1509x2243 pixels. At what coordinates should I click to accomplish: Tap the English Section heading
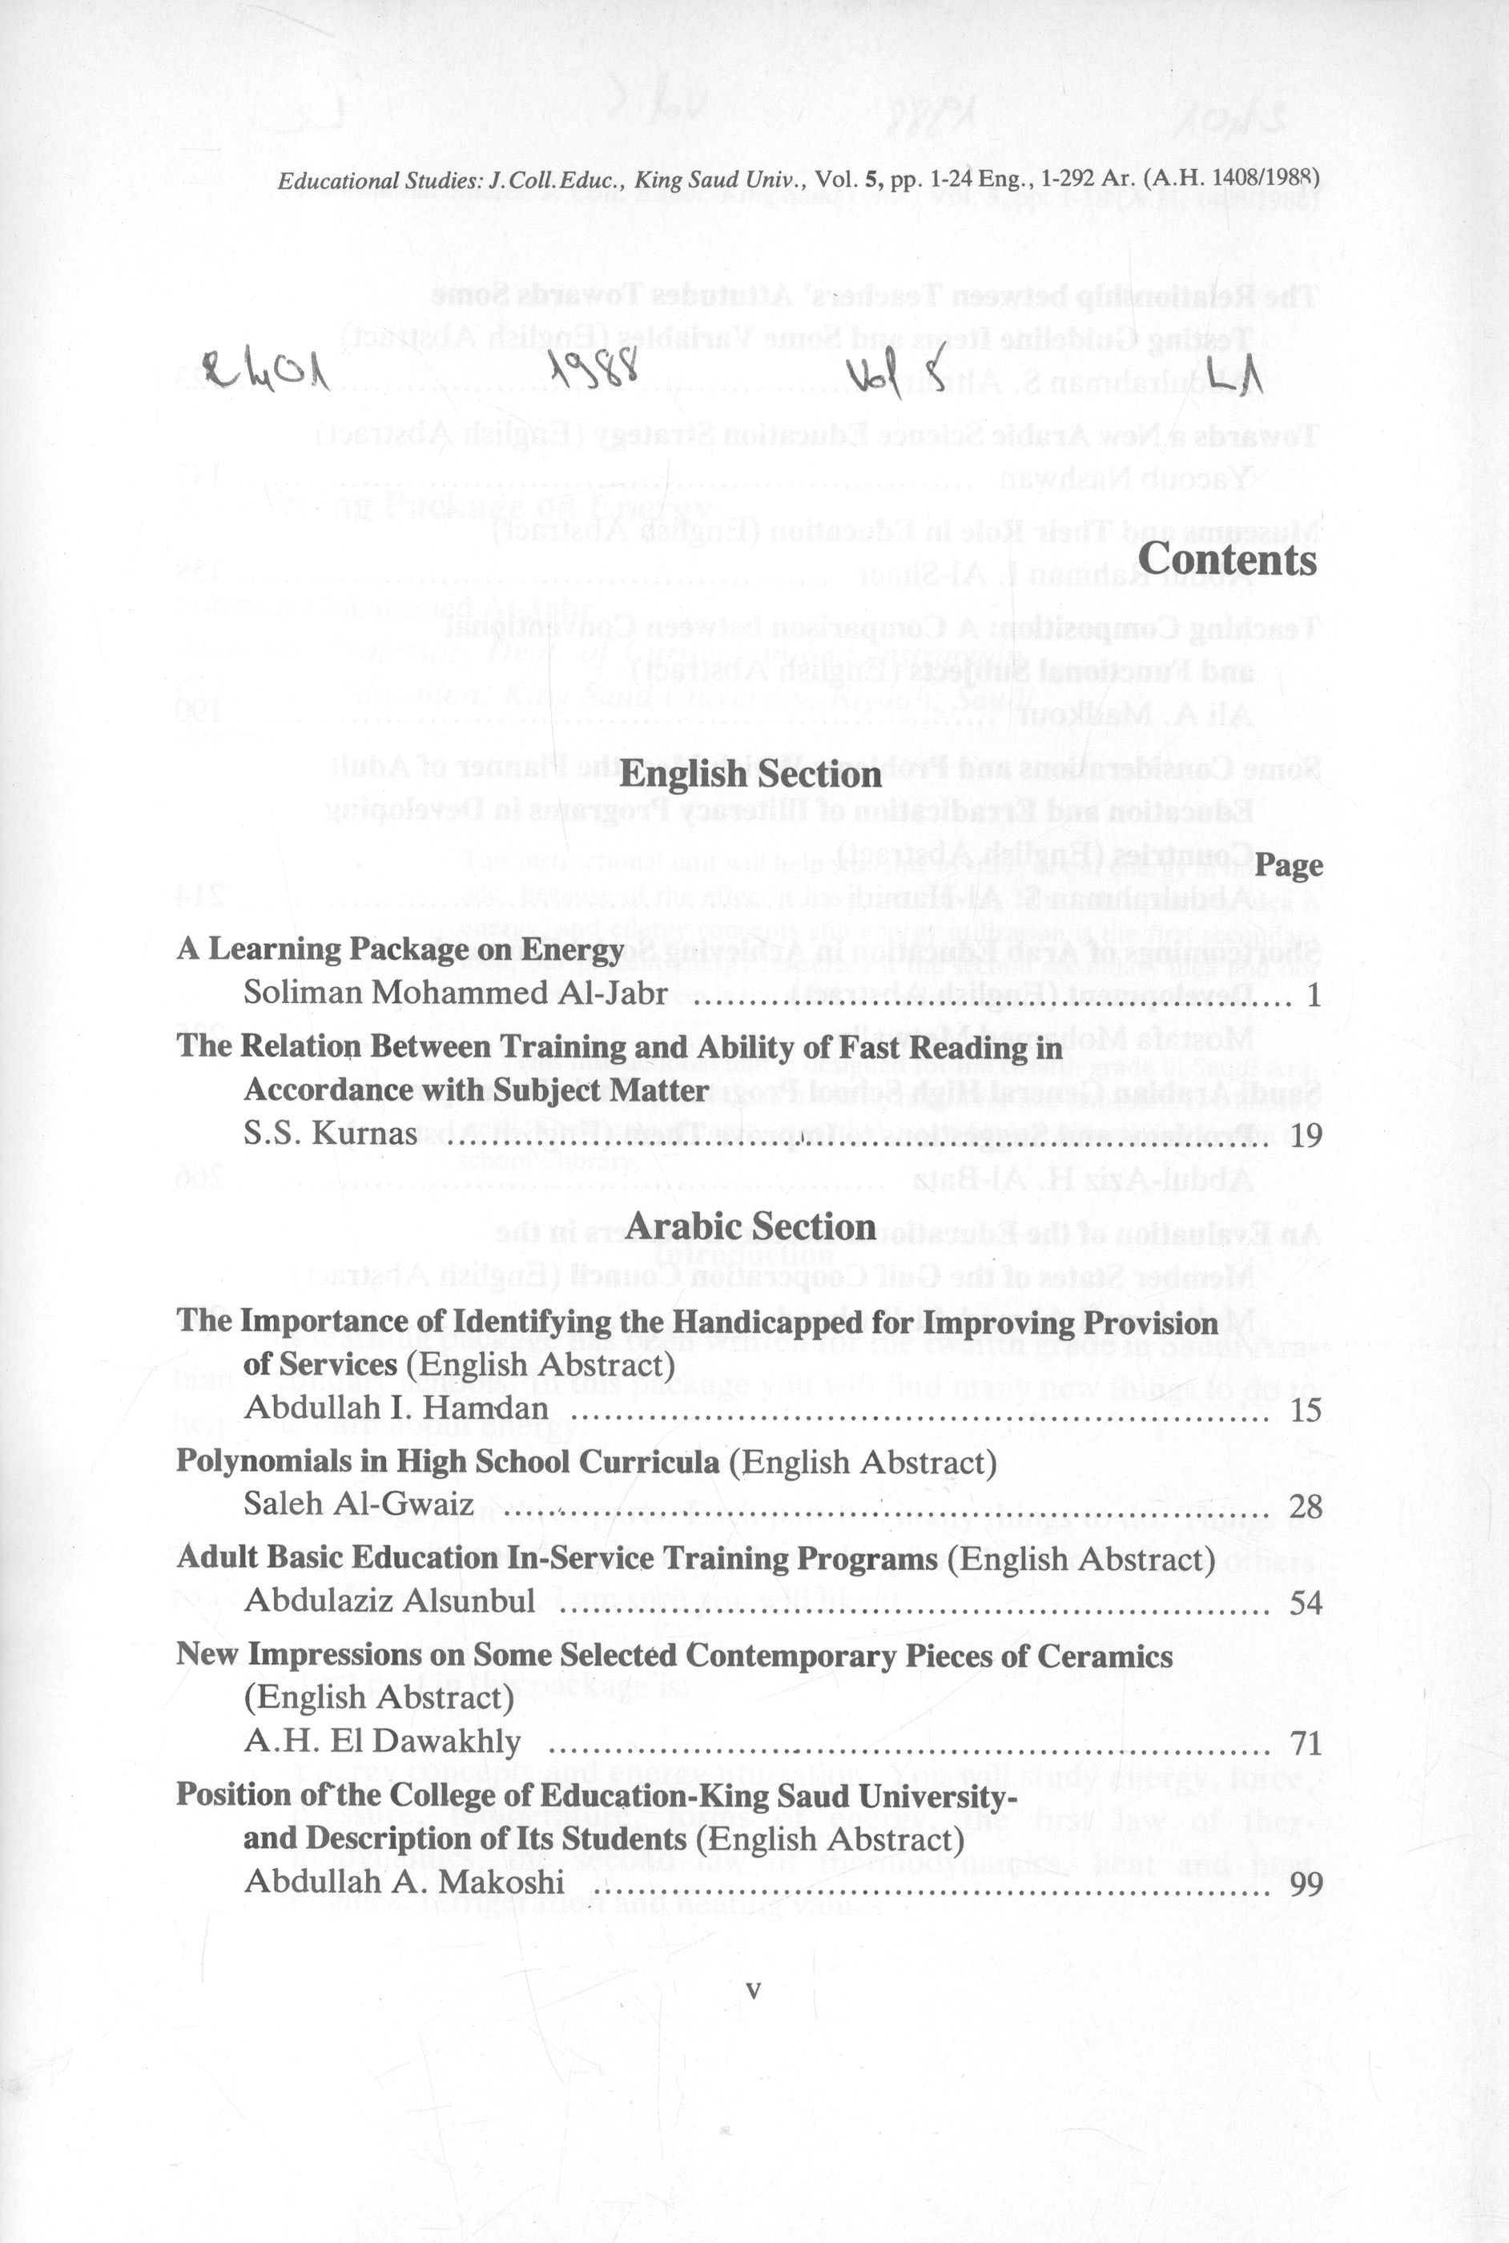pos(751,774)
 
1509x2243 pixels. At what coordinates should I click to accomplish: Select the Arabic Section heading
pos(750,1226)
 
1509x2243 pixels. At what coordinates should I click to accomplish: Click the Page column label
pos(1290,866)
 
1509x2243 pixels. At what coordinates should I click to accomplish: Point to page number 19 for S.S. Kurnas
pos(1306,1135)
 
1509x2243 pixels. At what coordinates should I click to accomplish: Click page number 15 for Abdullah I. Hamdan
pos(1306,1411)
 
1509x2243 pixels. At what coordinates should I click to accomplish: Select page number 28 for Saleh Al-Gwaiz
pos(1306,1506)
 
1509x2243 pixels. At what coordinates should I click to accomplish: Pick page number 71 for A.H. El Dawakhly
pos(1306,1742)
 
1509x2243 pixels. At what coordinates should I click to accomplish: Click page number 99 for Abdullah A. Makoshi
pos(1306,1883)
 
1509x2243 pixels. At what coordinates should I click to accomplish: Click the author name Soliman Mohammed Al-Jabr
pos(455,992)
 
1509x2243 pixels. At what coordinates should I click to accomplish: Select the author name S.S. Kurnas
pos(330,1134)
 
